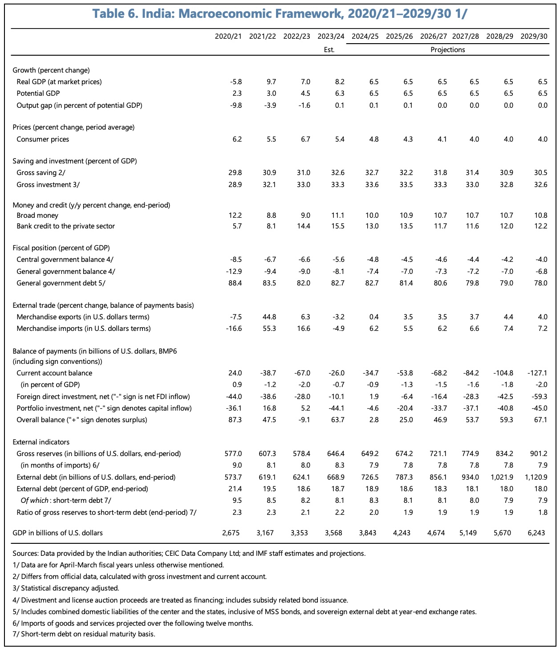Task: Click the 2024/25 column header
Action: tap(365, 37)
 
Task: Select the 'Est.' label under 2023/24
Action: tap(329, 50)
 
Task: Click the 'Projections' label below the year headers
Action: tap(447, 50)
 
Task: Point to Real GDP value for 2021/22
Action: tap(271, 82)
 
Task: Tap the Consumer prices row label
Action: tap(43, 139)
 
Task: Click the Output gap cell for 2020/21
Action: tap(237, 105)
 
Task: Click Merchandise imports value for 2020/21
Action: tap(235, 329)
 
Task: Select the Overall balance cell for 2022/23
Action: tap(304, 420)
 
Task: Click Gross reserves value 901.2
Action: tap(539, 454)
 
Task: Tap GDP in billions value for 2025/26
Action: tap(403, 533)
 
